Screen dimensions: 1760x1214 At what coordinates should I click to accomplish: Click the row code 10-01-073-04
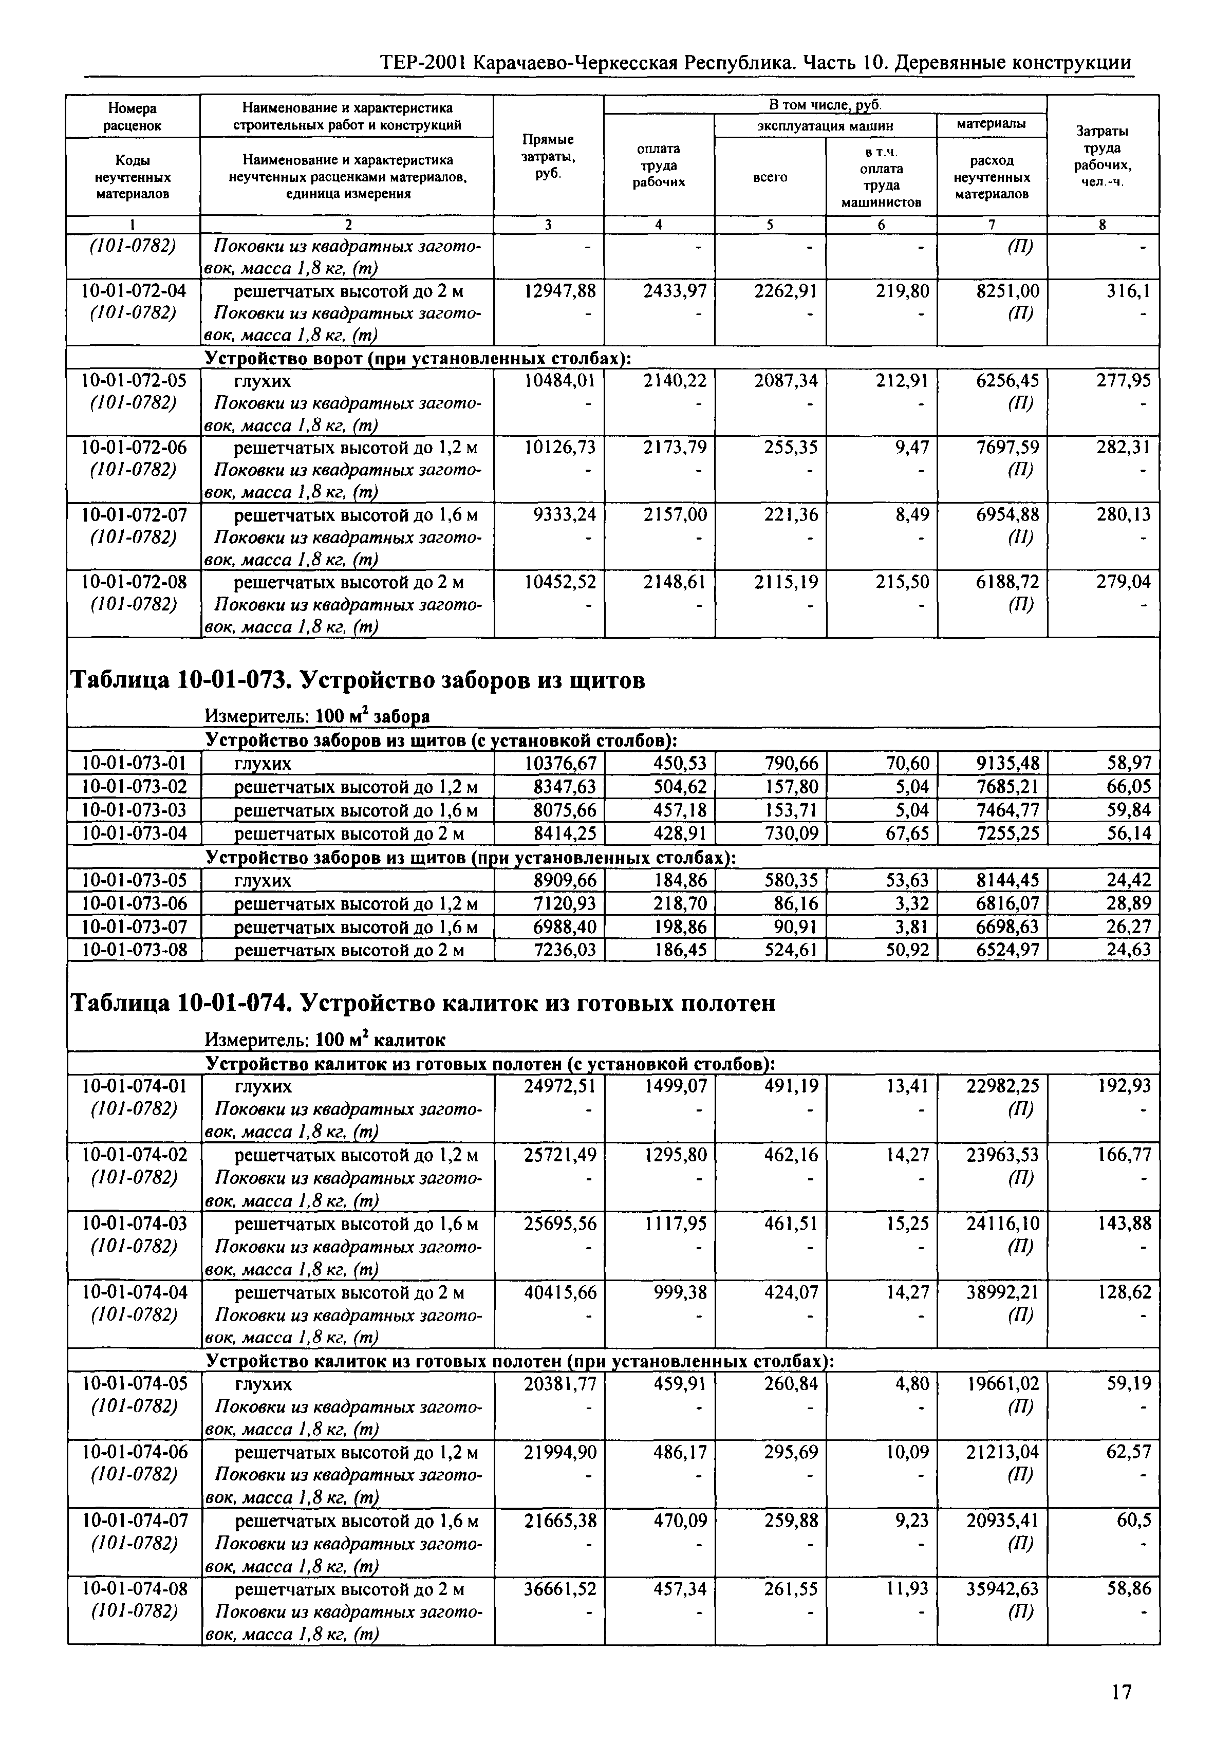click(135, 833)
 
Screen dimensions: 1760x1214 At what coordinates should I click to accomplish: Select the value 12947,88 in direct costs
click(561, 291)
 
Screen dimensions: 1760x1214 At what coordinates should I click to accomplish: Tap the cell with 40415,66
click(561, 1293)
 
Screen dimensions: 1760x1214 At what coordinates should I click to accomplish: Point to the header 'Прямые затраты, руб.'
click(548, 156)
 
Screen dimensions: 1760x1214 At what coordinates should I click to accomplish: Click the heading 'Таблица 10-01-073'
click(358, 681)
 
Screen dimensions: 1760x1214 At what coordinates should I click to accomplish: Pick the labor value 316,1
click(1129, 291)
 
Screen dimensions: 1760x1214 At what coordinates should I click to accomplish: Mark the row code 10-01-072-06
click(135, 447)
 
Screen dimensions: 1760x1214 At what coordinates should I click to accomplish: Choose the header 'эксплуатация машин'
click(825, 125)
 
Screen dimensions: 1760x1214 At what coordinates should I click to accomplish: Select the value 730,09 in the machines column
click(793, 833)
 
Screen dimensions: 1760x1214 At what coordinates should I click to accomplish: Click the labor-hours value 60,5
click(1133, 1521)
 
